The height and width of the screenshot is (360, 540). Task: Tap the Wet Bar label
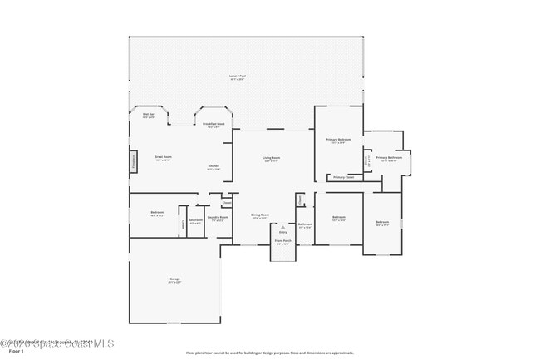(148, 116)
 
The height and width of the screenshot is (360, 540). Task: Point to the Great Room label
(163, 158)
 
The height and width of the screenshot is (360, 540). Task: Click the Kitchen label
(214, 167)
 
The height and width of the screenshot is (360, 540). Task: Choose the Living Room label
(272, 159)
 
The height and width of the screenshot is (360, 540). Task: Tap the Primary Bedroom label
(338, 141)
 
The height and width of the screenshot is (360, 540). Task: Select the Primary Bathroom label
(389, 159)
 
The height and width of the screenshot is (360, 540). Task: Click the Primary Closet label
(343, 177)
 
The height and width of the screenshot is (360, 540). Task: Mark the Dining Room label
(260, 216)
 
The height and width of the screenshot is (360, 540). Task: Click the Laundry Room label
(218, 219)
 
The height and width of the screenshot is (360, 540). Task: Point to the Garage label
(175, 280)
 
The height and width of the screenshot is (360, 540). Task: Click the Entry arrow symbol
(282, 226)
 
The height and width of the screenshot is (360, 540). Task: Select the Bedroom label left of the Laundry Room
(157, 214)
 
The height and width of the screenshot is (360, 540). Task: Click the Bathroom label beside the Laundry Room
(195, 221)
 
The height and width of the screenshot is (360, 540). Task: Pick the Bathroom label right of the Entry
(305, 225)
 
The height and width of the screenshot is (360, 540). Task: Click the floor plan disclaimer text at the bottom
(270, 353)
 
